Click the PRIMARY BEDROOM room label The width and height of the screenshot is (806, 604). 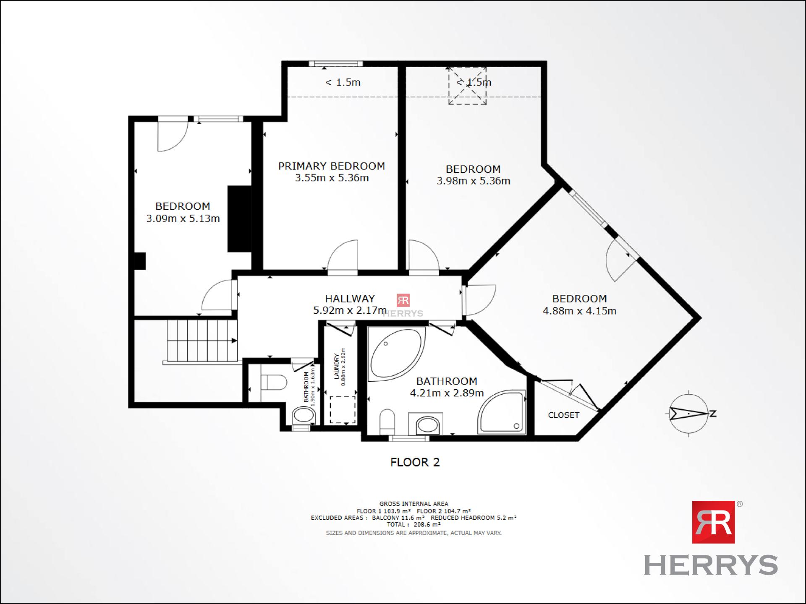pyautogui.click(x=332, y=166)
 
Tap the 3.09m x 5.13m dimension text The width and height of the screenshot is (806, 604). pyautogui.click(x=183, y=219)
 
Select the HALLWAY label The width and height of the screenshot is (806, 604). pyautogui.click(x=350, y=299)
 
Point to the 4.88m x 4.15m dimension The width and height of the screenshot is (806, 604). pyautogui.click(x=580, y=311)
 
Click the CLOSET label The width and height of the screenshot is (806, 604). pyautogui.click(x=563, y=415)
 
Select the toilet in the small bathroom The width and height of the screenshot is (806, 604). pyautogui.click(x=274, y=383)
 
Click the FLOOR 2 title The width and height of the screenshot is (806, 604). pyautogui.click(x=415, y=462)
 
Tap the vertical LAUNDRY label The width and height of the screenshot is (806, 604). pyautogui.click(x=336, y=366)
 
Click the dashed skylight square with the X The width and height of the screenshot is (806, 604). pyautogui.click(x=467, y=86)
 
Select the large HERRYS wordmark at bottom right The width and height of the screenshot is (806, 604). pyautogui.click(x=711, y=565)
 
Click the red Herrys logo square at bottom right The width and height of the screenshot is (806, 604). pyautogui.click(x=713, y=522)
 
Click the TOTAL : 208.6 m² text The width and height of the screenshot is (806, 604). pyautogui.click(x=413, y=524)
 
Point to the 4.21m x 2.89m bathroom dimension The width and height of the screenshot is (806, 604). pyautogui.click(x=447, y=393)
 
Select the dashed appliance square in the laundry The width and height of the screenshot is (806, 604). pyautogui.click(x=343, y=410)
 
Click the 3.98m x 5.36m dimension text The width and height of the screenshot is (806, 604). pyautogui.click(x=474, y=181)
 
